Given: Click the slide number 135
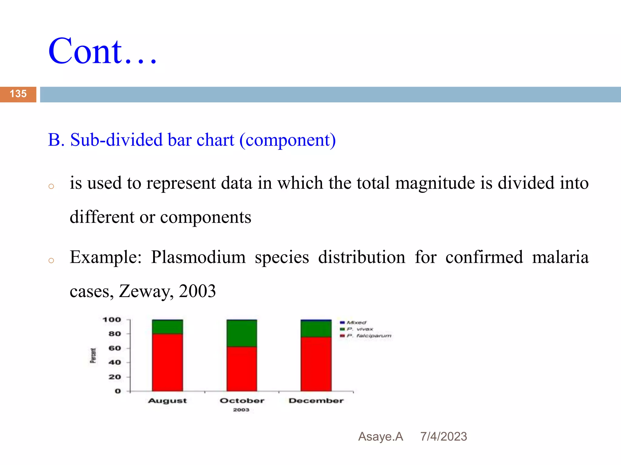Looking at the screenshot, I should pyautogui.click(x=18, y=94).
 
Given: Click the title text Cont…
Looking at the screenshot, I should pyautogui.click(x=102, y=51).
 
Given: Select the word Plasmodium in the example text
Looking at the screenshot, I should pyautogui.click(x=198, y=257).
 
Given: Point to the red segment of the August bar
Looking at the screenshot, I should pyautogui.click(x=167, y=362).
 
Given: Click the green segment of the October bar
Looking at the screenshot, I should pyautogui.click(x=242, y=333).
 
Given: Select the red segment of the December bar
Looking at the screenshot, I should pyautogui.click(x=316, y=364).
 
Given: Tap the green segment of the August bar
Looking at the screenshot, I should pyautogui.click(x=167, y=327).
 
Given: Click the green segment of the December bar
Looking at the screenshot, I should pyautogui.click(x=316, y=329).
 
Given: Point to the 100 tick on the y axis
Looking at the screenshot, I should pyautogui.click(x=112, y=320).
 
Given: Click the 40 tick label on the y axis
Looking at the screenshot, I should pyautogui.click(x=115, y=362).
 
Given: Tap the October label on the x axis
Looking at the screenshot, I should pyautogui.click(x=242, y=401).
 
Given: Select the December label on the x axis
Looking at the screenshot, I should pyautogui.click(x=316, y=401).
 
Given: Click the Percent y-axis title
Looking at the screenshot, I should pyautogui.click(x=93, y=355).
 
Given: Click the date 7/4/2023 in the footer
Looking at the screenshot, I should pyautogui.click(x=444, y=437).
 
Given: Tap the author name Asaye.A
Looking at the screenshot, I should pyautogui.click(x=381, y=437).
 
